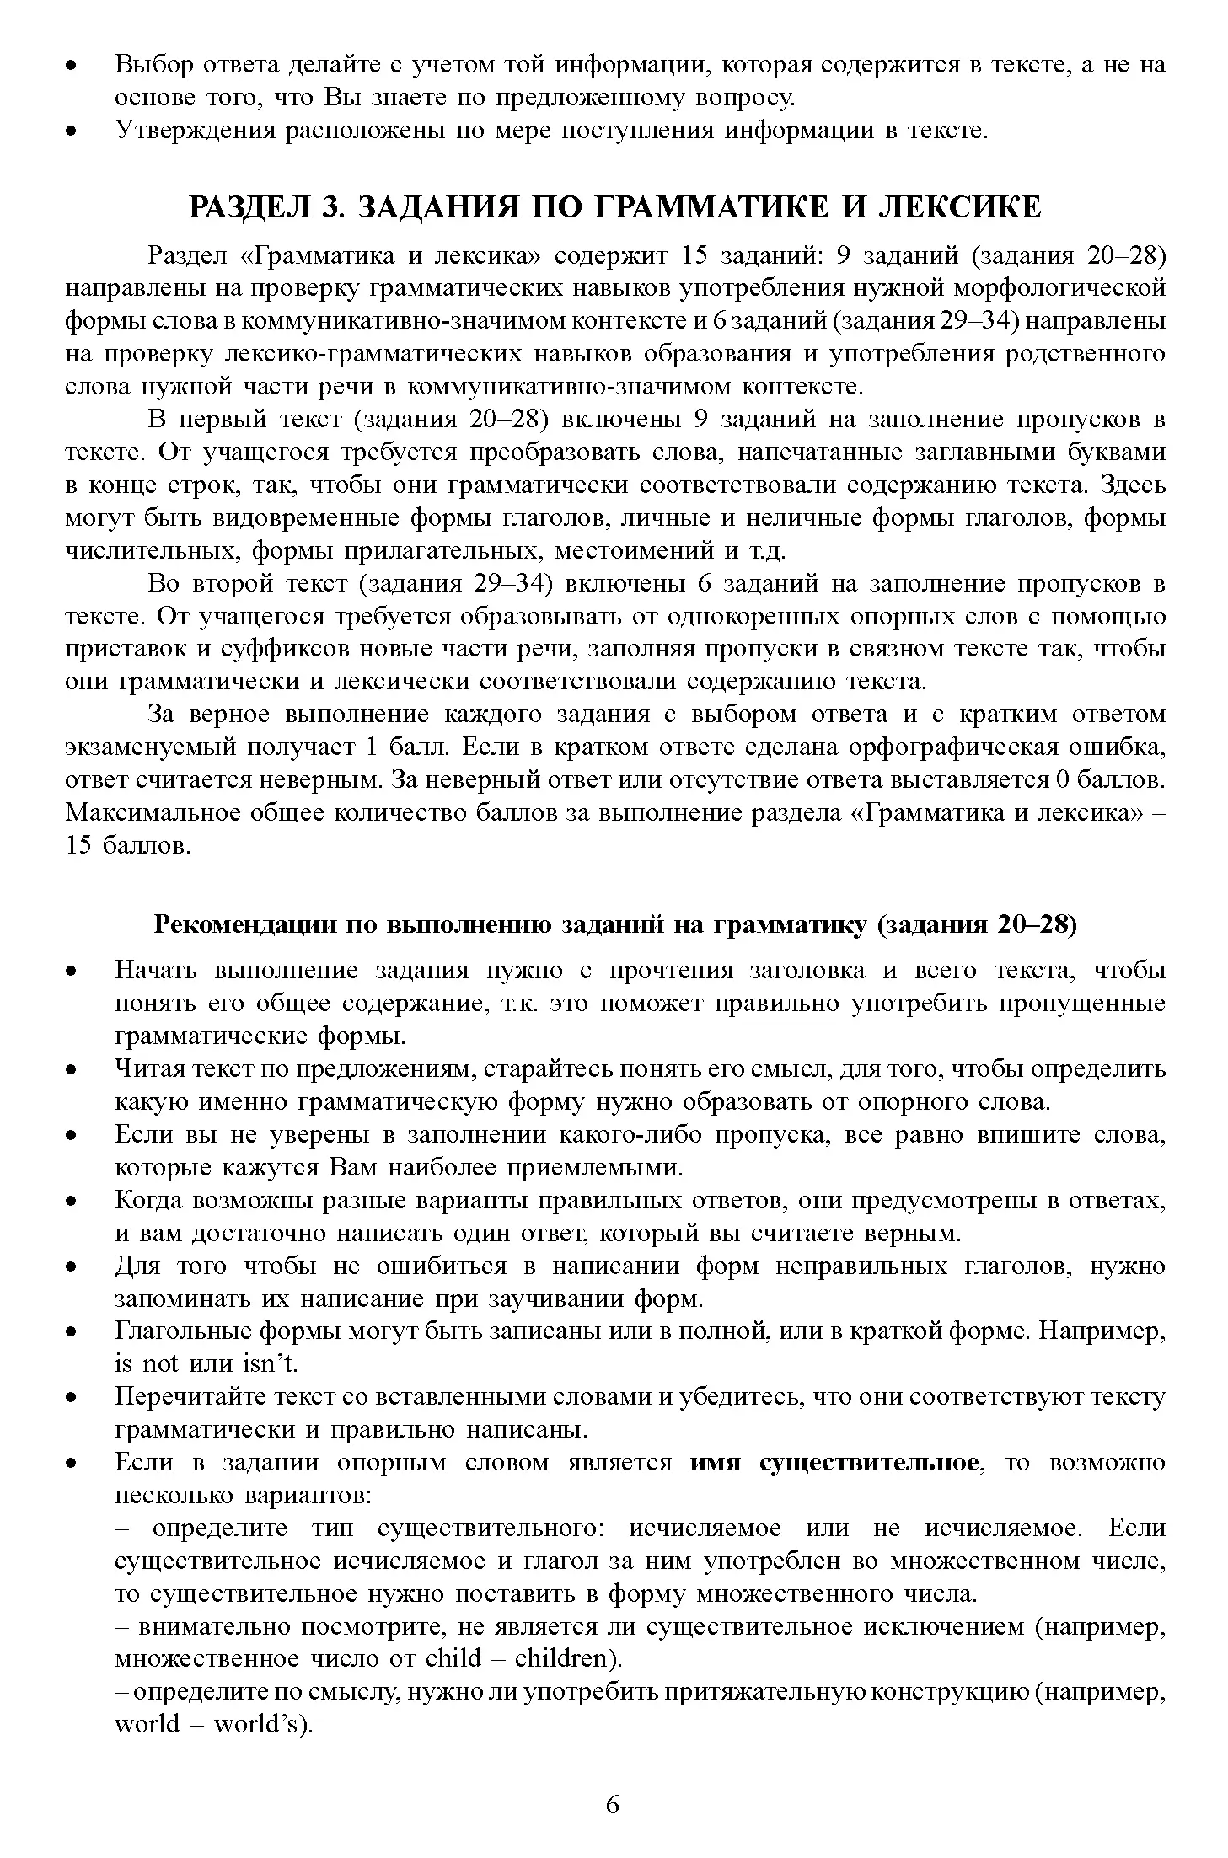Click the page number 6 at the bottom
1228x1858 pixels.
click(613, 1804)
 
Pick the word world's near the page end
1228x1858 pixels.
click(261, 1724)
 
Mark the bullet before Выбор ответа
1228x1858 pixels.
click(73, 66)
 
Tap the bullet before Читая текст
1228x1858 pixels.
click(73, 1071)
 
